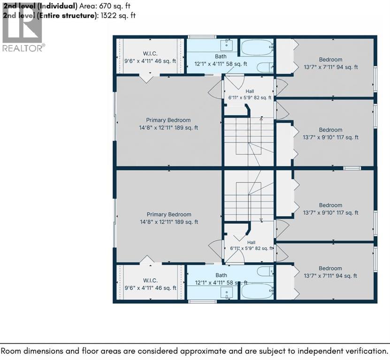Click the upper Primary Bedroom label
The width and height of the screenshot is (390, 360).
tap(168, 120)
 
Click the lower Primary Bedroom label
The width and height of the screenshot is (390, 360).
tap(169, 215)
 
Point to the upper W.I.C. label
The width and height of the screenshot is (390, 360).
tap(150, 53)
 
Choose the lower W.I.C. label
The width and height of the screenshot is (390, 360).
tap(150, 281)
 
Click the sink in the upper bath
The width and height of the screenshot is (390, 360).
tap(227, 45)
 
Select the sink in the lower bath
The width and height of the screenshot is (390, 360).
tap(227, 292)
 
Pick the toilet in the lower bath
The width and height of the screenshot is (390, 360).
tap(265, 271)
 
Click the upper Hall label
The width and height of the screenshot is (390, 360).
tap(250, 91)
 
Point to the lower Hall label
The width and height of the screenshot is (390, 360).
tap(251, 242)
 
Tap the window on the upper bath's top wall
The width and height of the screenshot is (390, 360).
tap(202, 37)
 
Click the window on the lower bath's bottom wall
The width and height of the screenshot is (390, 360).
tap(202, 301)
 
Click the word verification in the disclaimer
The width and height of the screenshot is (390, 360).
tap(362, 351)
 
